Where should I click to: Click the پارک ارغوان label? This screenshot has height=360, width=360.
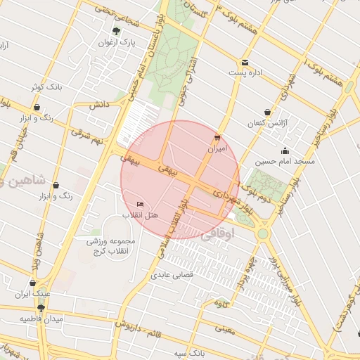point(117,42)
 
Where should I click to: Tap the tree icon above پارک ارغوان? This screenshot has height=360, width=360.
point(117,31)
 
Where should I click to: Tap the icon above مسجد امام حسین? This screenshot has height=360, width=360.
point(285,150)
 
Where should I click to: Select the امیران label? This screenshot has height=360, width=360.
point(217,149)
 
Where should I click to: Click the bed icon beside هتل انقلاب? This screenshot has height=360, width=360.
point(140,204)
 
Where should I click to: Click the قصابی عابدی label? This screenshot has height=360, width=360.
point(172,276)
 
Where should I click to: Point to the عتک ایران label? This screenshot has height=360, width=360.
point(35,294)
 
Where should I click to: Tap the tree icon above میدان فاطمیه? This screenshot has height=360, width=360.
point(41,307)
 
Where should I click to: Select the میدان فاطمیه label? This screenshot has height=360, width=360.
point(41,319)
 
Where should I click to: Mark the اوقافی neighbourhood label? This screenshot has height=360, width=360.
point(216,237)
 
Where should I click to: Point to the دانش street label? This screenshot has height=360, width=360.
point(97,105)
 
